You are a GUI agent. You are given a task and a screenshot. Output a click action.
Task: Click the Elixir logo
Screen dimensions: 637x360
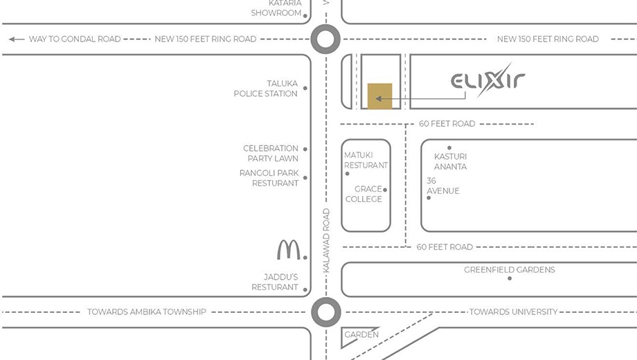tap(487, 80)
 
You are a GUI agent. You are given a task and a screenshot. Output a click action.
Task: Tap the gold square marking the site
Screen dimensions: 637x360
tap(380, 96)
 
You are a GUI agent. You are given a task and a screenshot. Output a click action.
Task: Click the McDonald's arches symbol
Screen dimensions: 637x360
tap(289, 249)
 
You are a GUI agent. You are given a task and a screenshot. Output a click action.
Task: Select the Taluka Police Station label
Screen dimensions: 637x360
tap(266, 89)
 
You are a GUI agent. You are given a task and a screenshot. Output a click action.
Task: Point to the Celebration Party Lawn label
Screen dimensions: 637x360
tap(271, 153)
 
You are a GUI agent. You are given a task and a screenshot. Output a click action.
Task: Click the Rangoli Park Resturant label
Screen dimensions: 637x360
tap(269, 178)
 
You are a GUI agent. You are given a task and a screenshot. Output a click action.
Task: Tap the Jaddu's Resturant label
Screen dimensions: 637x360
tap(275, 282)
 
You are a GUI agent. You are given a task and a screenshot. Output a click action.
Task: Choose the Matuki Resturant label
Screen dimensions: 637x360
tap(366, 160)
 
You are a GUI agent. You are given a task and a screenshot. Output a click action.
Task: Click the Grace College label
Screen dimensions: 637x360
tap(364, 194)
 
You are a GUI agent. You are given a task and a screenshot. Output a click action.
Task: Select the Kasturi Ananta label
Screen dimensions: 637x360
tap(450, 161)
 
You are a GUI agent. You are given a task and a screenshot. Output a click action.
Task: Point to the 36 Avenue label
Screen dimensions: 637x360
tap(443, 186)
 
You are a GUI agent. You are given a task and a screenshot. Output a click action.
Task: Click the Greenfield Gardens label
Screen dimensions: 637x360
tap(510, 270)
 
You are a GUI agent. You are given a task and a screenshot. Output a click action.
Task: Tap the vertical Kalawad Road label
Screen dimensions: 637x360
tap(326, 240)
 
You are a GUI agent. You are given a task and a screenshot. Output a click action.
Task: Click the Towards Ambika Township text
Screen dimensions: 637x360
tap(147, 312)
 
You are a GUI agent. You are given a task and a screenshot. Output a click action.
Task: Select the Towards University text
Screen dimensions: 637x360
tap(514, 312)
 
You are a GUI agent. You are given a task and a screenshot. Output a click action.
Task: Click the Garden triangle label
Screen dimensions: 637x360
tap(361, 335)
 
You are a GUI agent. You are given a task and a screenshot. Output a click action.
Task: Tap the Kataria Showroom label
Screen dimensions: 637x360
tap(276, 8)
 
